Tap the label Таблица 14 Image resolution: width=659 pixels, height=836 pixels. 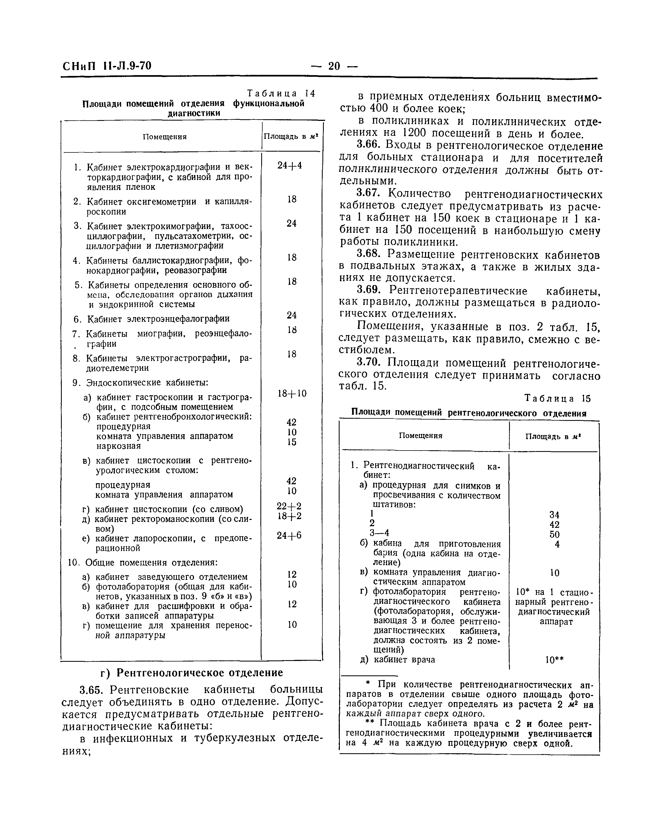[281, 93]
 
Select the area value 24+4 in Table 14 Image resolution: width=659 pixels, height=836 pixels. [290, 165]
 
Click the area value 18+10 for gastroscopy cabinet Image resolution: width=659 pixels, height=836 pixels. [292, 393]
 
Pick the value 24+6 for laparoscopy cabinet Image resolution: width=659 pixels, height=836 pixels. [290, 535]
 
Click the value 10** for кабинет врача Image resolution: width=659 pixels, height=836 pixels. [555, 660]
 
